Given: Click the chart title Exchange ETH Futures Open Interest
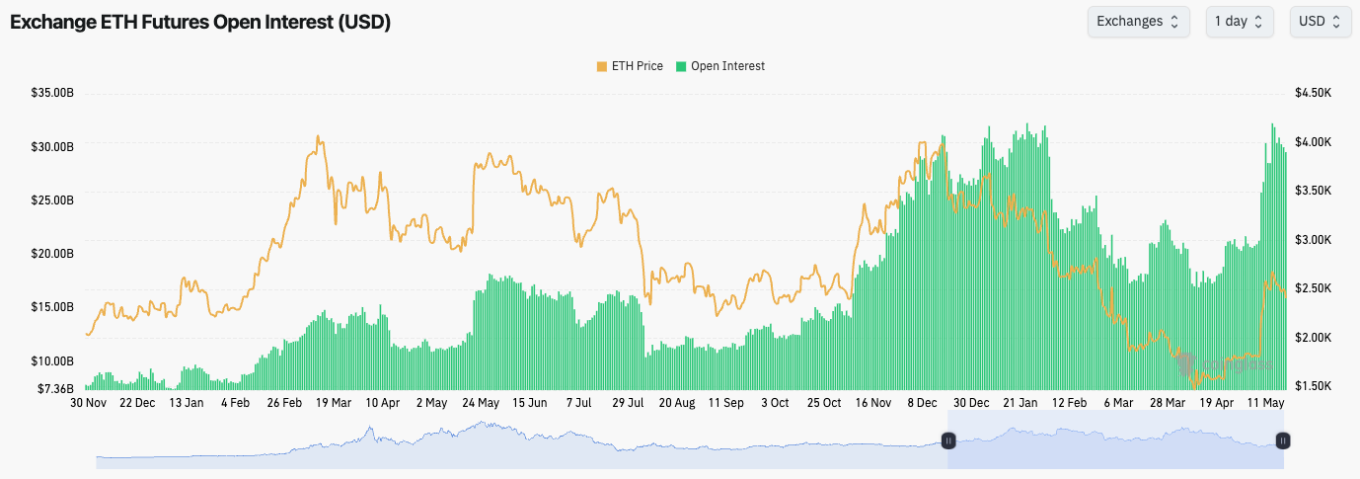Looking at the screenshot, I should click(x=200, y=23).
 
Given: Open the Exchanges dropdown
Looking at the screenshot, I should click(x=1138, y=22).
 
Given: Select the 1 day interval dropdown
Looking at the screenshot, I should click(x=1239, y=22).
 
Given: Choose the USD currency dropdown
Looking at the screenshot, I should click(x=1320, y=22).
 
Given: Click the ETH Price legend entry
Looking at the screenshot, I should click(x=630, y=66).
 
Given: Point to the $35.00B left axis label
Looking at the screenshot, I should click(x=52, y=93).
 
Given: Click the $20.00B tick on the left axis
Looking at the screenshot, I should click(x=52, y=253).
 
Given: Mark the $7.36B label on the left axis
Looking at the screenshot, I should click(x=55, y=388).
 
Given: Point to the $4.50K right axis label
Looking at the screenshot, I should click(x=1314, y=93).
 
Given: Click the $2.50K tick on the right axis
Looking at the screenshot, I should click(x=1314, y=288).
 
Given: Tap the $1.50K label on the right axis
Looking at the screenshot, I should click(x=1314, y=385).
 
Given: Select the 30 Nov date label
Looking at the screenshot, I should click(x=89, y=403).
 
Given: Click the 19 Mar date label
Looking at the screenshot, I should click(x=334, y=403).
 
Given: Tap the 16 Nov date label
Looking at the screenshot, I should click(x=873, y=403).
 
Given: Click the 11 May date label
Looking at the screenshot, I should click(x=1265, y=403).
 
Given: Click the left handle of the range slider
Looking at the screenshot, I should click(x=948, y=440).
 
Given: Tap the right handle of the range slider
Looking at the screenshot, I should click(x=1283, y=440).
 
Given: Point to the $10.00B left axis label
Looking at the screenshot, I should click(x=52, y=359).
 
